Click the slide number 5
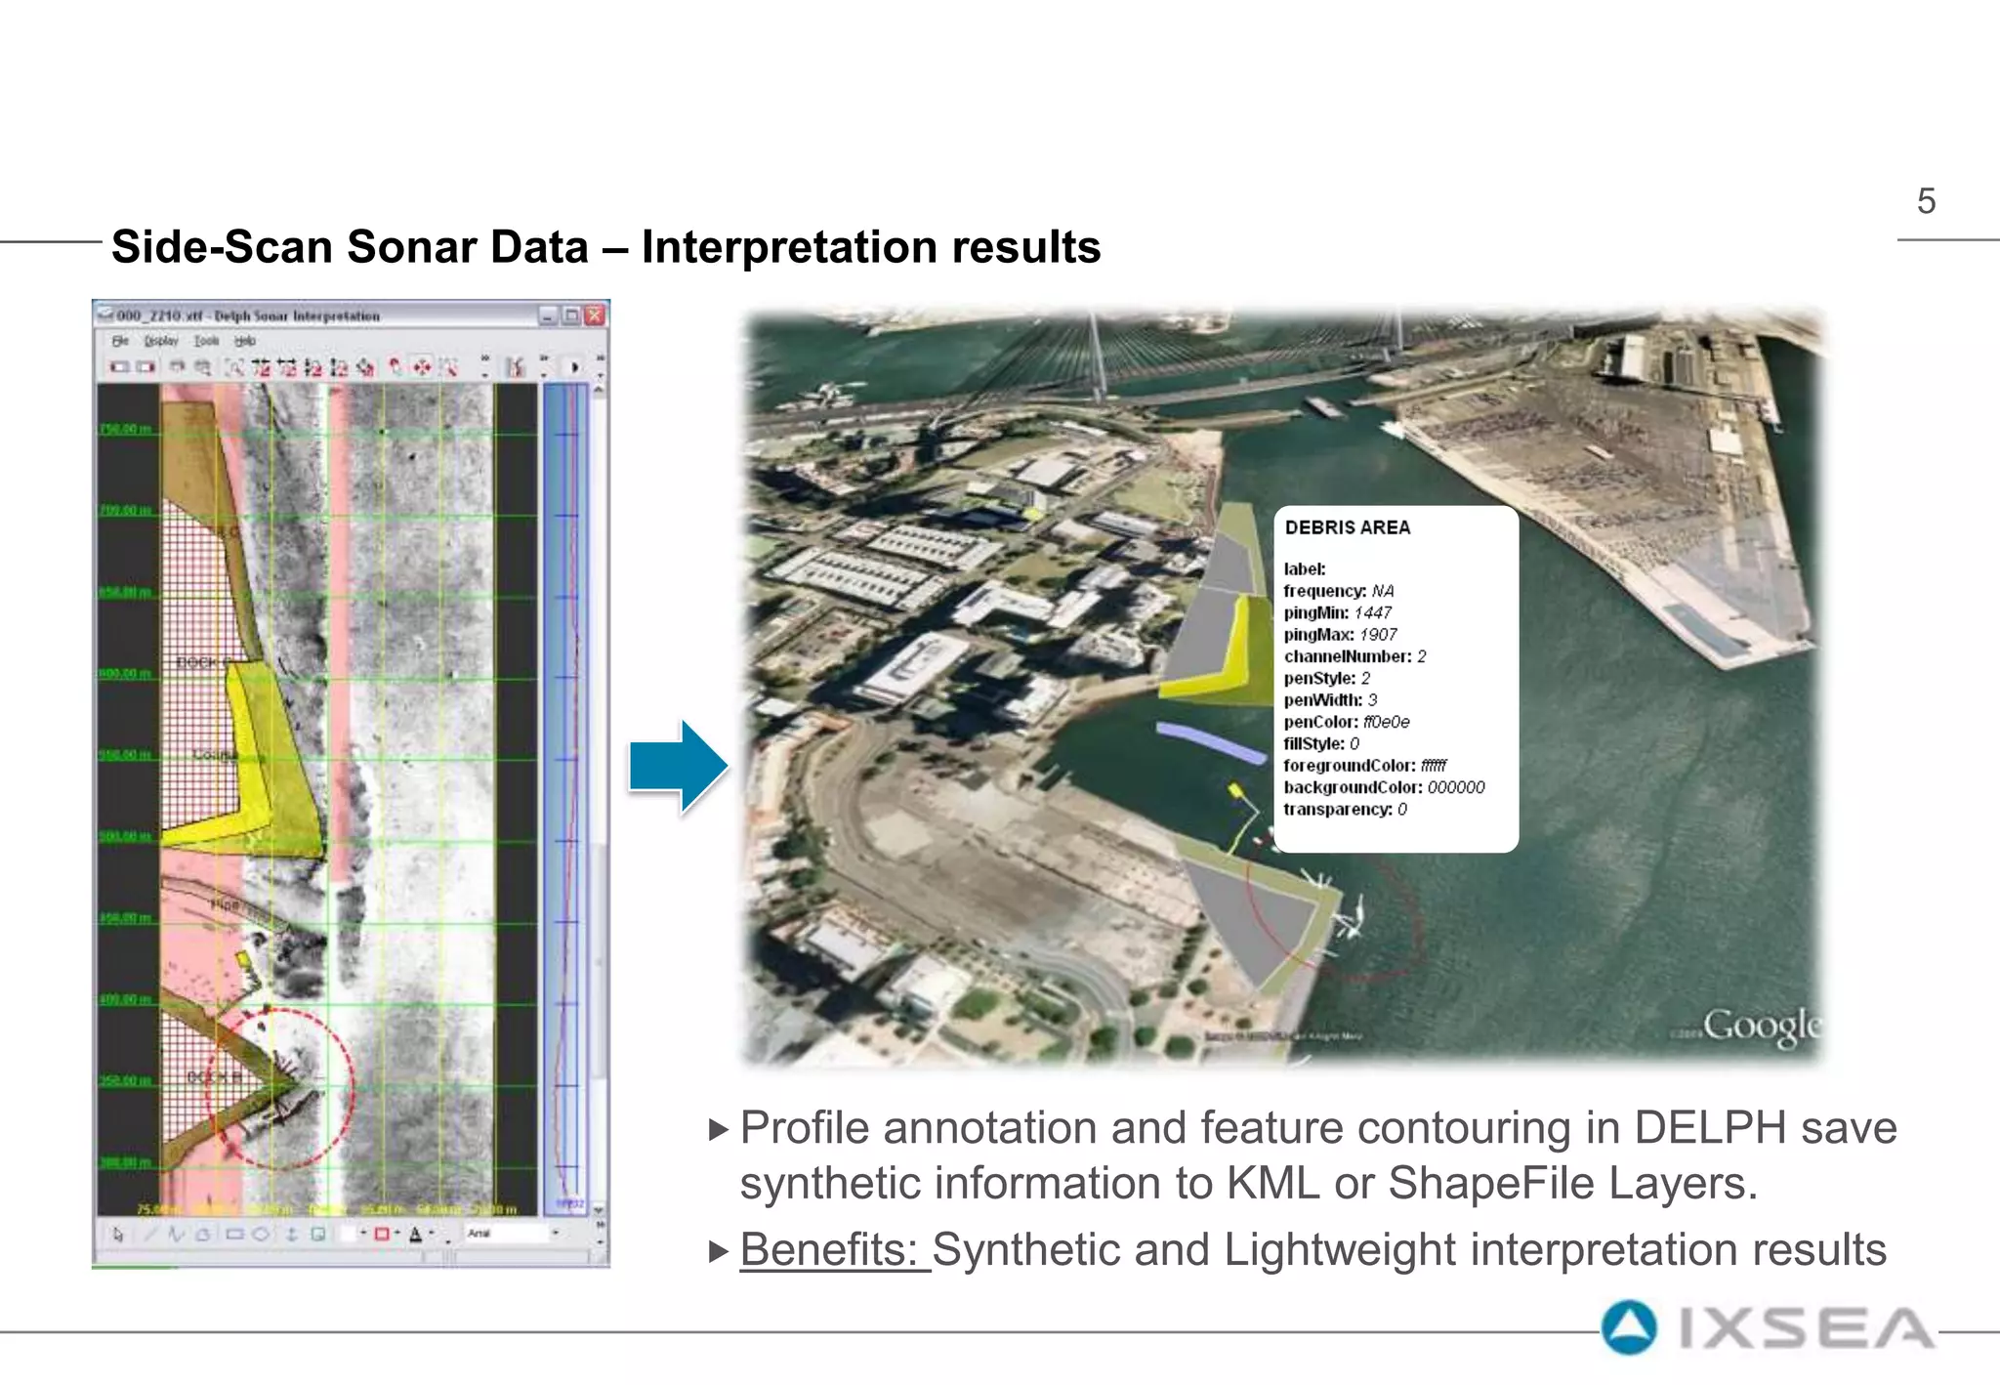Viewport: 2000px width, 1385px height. click(1926, 201)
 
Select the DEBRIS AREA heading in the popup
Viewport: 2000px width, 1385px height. click(1348, 527)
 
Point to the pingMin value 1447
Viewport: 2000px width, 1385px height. click(1373, 612)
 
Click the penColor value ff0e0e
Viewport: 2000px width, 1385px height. click(1387, 722)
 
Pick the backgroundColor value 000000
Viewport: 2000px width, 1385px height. click(1456, 787)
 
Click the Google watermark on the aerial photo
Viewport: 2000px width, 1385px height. click(1762, 1026)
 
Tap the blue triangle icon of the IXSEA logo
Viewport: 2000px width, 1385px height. click(1629, 1328)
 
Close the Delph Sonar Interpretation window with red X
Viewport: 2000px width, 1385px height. click(595, 315)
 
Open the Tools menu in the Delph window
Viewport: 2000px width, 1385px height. click(206, 341)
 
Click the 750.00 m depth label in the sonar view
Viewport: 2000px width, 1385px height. click(126, 429)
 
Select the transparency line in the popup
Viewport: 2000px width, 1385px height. click(1345, 809)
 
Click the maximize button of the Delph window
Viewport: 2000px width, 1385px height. click(571, 315)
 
